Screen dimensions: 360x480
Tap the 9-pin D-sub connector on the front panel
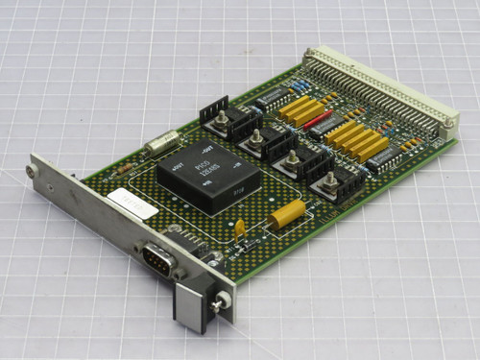[x=158, y=258]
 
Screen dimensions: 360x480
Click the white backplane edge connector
[x=379, y=83]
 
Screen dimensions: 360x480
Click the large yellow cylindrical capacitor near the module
[x=286, y=216]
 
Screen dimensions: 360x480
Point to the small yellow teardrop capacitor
[x=239, y=227]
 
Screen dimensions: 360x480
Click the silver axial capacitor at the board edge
[x=160, y=144]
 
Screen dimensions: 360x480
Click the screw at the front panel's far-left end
[x=33, y=171]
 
